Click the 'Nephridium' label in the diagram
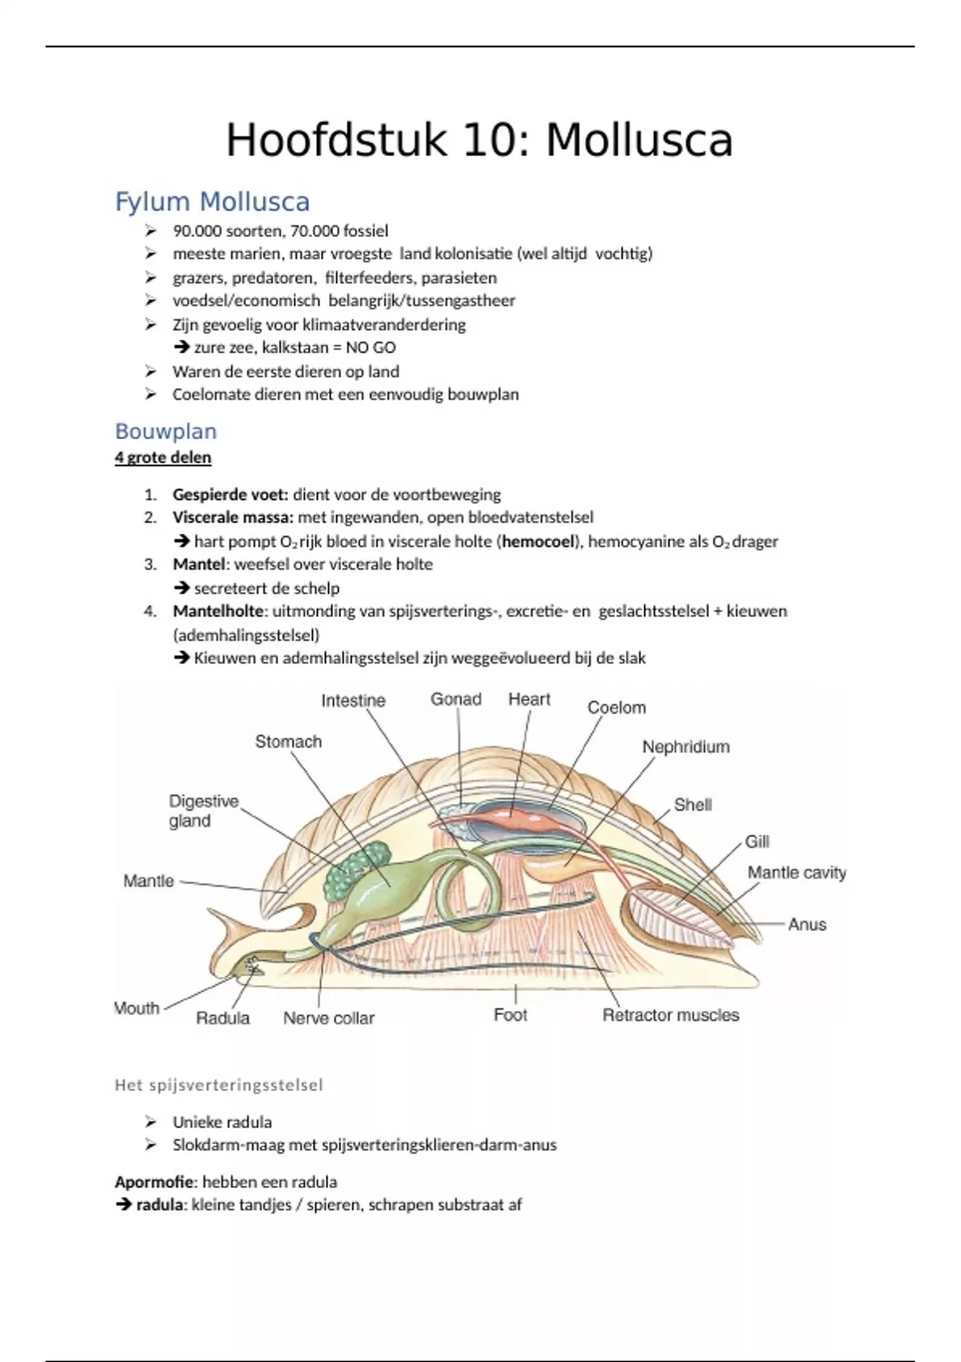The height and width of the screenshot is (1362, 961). (x=686, y=747)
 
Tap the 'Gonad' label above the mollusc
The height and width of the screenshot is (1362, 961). (x=456, y=699)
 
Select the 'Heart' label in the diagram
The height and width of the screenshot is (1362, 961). (x=529, y=699)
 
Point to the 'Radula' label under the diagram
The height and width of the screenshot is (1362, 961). (x=223, y=1017)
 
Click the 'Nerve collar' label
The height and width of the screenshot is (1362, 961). (x=328, y=1017)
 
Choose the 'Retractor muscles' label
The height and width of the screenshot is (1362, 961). (x=670, y=1015)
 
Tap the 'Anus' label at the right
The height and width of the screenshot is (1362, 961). (x=806, y=924)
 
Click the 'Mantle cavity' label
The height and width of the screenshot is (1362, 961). (x=796, y=872)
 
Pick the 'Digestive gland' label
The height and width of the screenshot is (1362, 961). (x=203, y=811)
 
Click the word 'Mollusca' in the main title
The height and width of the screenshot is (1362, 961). (x=639, y=140)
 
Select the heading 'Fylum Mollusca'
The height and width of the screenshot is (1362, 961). (x=212, y=201)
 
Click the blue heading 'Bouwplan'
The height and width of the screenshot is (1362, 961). (x=166, y=431)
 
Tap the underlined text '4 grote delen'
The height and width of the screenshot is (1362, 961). (x=163, y=457)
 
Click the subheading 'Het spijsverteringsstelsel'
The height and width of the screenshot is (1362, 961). (x=219, y=1086)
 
